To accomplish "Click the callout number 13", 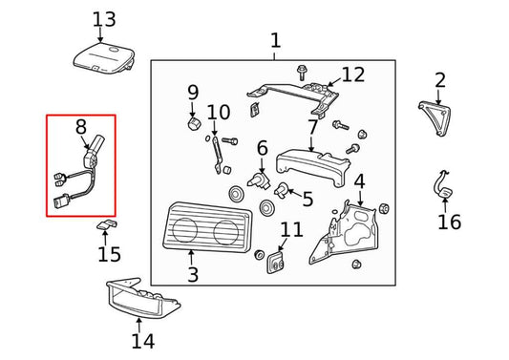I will coord(103,19).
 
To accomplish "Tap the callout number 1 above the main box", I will coord(275,41).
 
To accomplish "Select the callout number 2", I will coord(439,80).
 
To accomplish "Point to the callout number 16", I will coord(449,222).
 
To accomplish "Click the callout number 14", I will coord(142,341).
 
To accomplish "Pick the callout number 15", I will coord(110,254).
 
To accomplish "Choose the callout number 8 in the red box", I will coord(81,126).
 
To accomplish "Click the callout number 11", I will coord(291,230).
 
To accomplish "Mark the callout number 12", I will coord(352,74).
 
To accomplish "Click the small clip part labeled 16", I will coord(443,187).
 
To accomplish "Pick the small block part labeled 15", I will coord(106,225).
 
